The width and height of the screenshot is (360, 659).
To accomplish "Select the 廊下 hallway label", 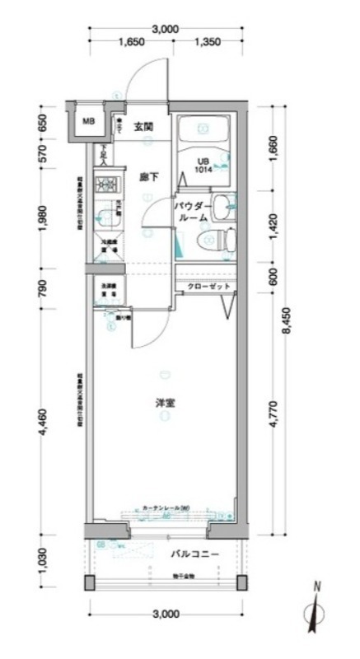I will (148, 175).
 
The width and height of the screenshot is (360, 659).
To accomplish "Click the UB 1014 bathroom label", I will (203, 165).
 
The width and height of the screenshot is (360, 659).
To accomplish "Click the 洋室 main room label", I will (166, 403).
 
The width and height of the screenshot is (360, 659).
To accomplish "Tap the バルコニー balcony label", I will (195, 554).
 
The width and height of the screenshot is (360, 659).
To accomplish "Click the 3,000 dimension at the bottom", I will (166, 614).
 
